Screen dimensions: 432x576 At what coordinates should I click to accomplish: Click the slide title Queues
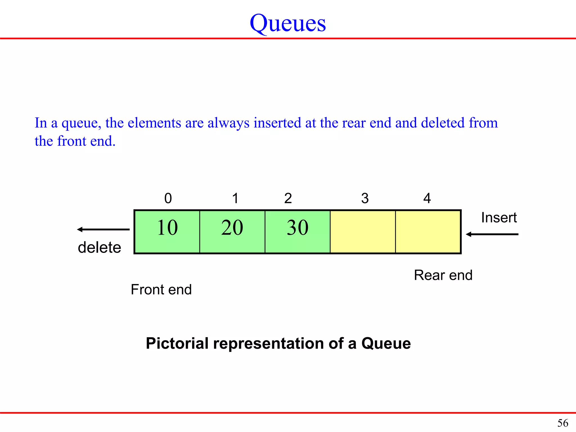point(288,23)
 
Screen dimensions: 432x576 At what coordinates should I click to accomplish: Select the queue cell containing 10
point(167,231)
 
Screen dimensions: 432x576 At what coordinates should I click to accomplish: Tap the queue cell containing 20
point(232,231)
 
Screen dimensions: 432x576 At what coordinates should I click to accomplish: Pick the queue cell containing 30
point(298,231)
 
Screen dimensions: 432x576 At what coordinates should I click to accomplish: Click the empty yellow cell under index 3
point(363,231)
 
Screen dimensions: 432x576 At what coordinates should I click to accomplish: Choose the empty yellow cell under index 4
point(428,231)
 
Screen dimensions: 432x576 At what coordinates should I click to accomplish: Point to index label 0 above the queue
point(168,198)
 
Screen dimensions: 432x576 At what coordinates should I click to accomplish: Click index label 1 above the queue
point(235,198)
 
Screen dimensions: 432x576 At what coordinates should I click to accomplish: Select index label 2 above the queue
point(288,198)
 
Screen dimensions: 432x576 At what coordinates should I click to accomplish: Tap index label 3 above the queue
point(365,198)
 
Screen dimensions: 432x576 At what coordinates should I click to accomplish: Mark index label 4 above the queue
point(427,198)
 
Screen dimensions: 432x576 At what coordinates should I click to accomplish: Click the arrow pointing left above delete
point(103,229)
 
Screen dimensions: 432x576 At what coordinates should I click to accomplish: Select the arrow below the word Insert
point(492,234)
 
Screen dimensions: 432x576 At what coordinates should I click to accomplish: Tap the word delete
point(99,247)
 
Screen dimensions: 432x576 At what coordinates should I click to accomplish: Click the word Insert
point(499,217)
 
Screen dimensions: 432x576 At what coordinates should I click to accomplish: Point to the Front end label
point(161,289)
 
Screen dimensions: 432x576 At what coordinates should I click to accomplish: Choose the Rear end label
point(443,275)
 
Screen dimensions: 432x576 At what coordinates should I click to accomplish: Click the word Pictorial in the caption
point(177,343)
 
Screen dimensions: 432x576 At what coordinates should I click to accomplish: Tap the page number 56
point(562,423)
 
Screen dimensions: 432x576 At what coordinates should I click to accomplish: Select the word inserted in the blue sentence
point(277,123)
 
